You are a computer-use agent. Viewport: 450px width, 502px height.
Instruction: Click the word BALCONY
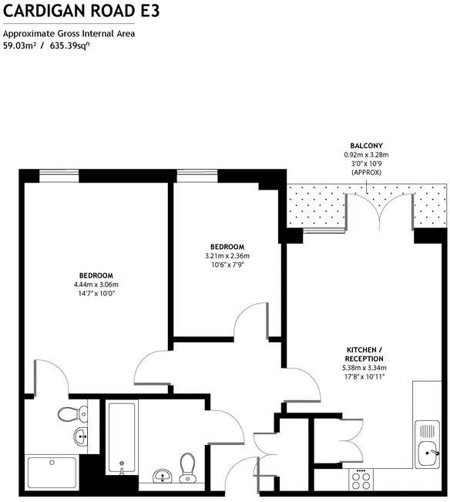pyautogui.click(x=366, y=146)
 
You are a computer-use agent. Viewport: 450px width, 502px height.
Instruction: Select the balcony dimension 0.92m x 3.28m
pyautogui.click(x=366, y=155)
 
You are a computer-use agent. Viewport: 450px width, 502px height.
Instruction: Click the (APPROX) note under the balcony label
pyautogui.click(x=366, y=172)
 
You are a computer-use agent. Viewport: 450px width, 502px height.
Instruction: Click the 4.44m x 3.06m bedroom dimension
pyautogui.click(x=96, y=285)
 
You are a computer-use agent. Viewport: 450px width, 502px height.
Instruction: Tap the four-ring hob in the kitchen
pyautogui.click(x=361, y=479)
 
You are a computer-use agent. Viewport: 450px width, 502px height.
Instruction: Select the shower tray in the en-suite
pyautogui.click(x=52, y=473)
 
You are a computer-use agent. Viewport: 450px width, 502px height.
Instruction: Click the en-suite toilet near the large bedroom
pyautogui.click(x=68, y=414)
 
